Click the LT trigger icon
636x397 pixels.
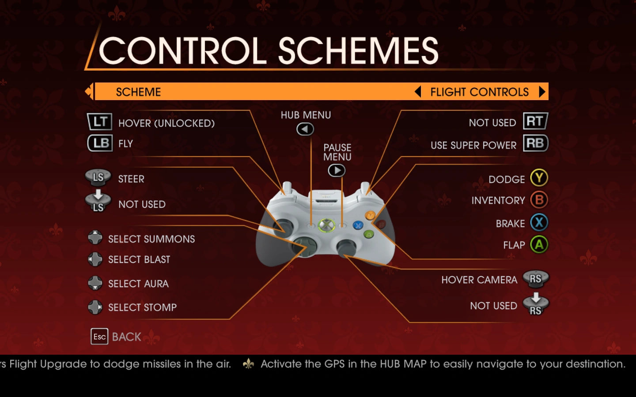click(99, 122)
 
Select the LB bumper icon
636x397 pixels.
click(100, 143)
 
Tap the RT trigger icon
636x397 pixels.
click(535, 121)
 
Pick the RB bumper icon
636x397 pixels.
click(535, 143)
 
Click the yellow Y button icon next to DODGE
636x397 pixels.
click(539, 178)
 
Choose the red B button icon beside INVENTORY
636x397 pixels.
click(539, 200)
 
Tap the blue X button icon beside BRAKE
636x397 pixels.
click(539, 222)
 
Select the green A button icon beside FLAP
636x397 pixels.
click(539, 244)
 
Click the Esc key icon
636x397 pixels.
click(99, 337)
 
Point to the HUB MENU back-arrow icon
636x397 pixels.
click(305, 129)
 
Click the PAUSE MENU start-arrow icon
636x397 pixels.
click(337, 170)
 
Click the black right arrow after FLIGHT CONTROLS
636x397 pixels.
click(542, 92)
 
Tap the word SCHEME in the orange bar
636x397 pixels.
click(138, 92)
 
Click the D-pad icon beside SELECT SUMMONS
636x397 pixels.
click(95, 238)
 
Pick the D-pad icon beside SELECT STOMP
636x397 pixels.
click(95, 307)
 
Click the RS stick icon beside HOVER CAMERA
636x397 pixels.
click(535, 278)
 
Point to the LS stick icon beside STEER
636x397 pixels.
click(98, 177)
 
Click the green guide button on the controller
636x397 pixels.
click(326, 225)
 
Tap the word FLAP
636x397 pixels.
click(514, 245)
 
